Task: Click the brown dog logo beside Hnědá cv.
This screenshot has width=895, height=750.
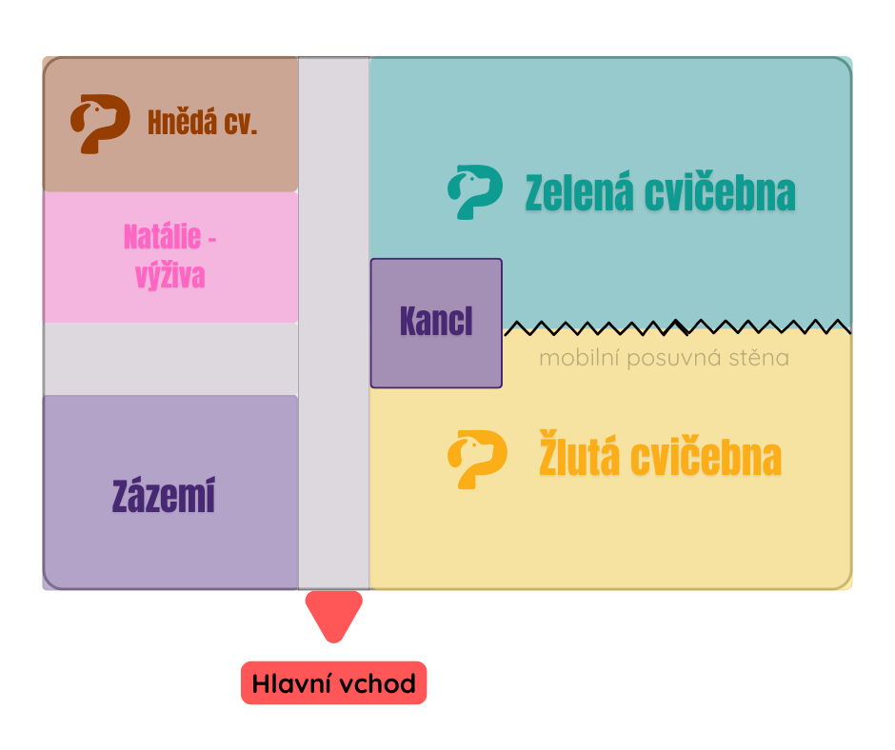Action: pyautogui.click(x=99, y=123)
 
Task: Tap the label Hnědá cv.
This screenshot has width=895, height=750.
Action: pyautogui.click(x=202, y=123)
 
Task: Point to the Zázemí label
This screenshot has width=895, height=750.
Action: pyautogui.click(x=164, y=497)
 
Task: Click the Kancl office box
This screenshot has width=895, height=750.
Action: pyautogui.click(x=436, y=323)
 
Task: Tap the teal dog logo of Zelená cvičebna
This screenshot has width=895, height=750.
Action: pyautogui.click(x=474, y=191)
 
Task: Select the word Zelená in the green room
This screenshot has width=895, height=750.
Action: pyautogui.click(x=580, y=193)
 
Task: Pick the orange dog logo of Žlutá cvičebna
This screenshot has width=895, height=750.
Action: pyautogui.click(x=474, y=459)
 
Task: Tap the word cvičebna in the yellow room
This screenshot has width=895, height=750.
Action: pyautogui.click(x=708, y=459)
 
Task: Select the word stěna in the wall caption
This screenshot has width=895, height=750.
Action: pyautogui.click(x=758, y=359)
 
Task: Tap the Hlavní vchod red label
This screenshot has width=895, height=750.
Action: pyautogui.click(x=333, y=683)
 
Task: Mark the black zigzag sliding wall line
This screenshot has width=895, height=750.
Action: pyautogui.click(x=676, y=327)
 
